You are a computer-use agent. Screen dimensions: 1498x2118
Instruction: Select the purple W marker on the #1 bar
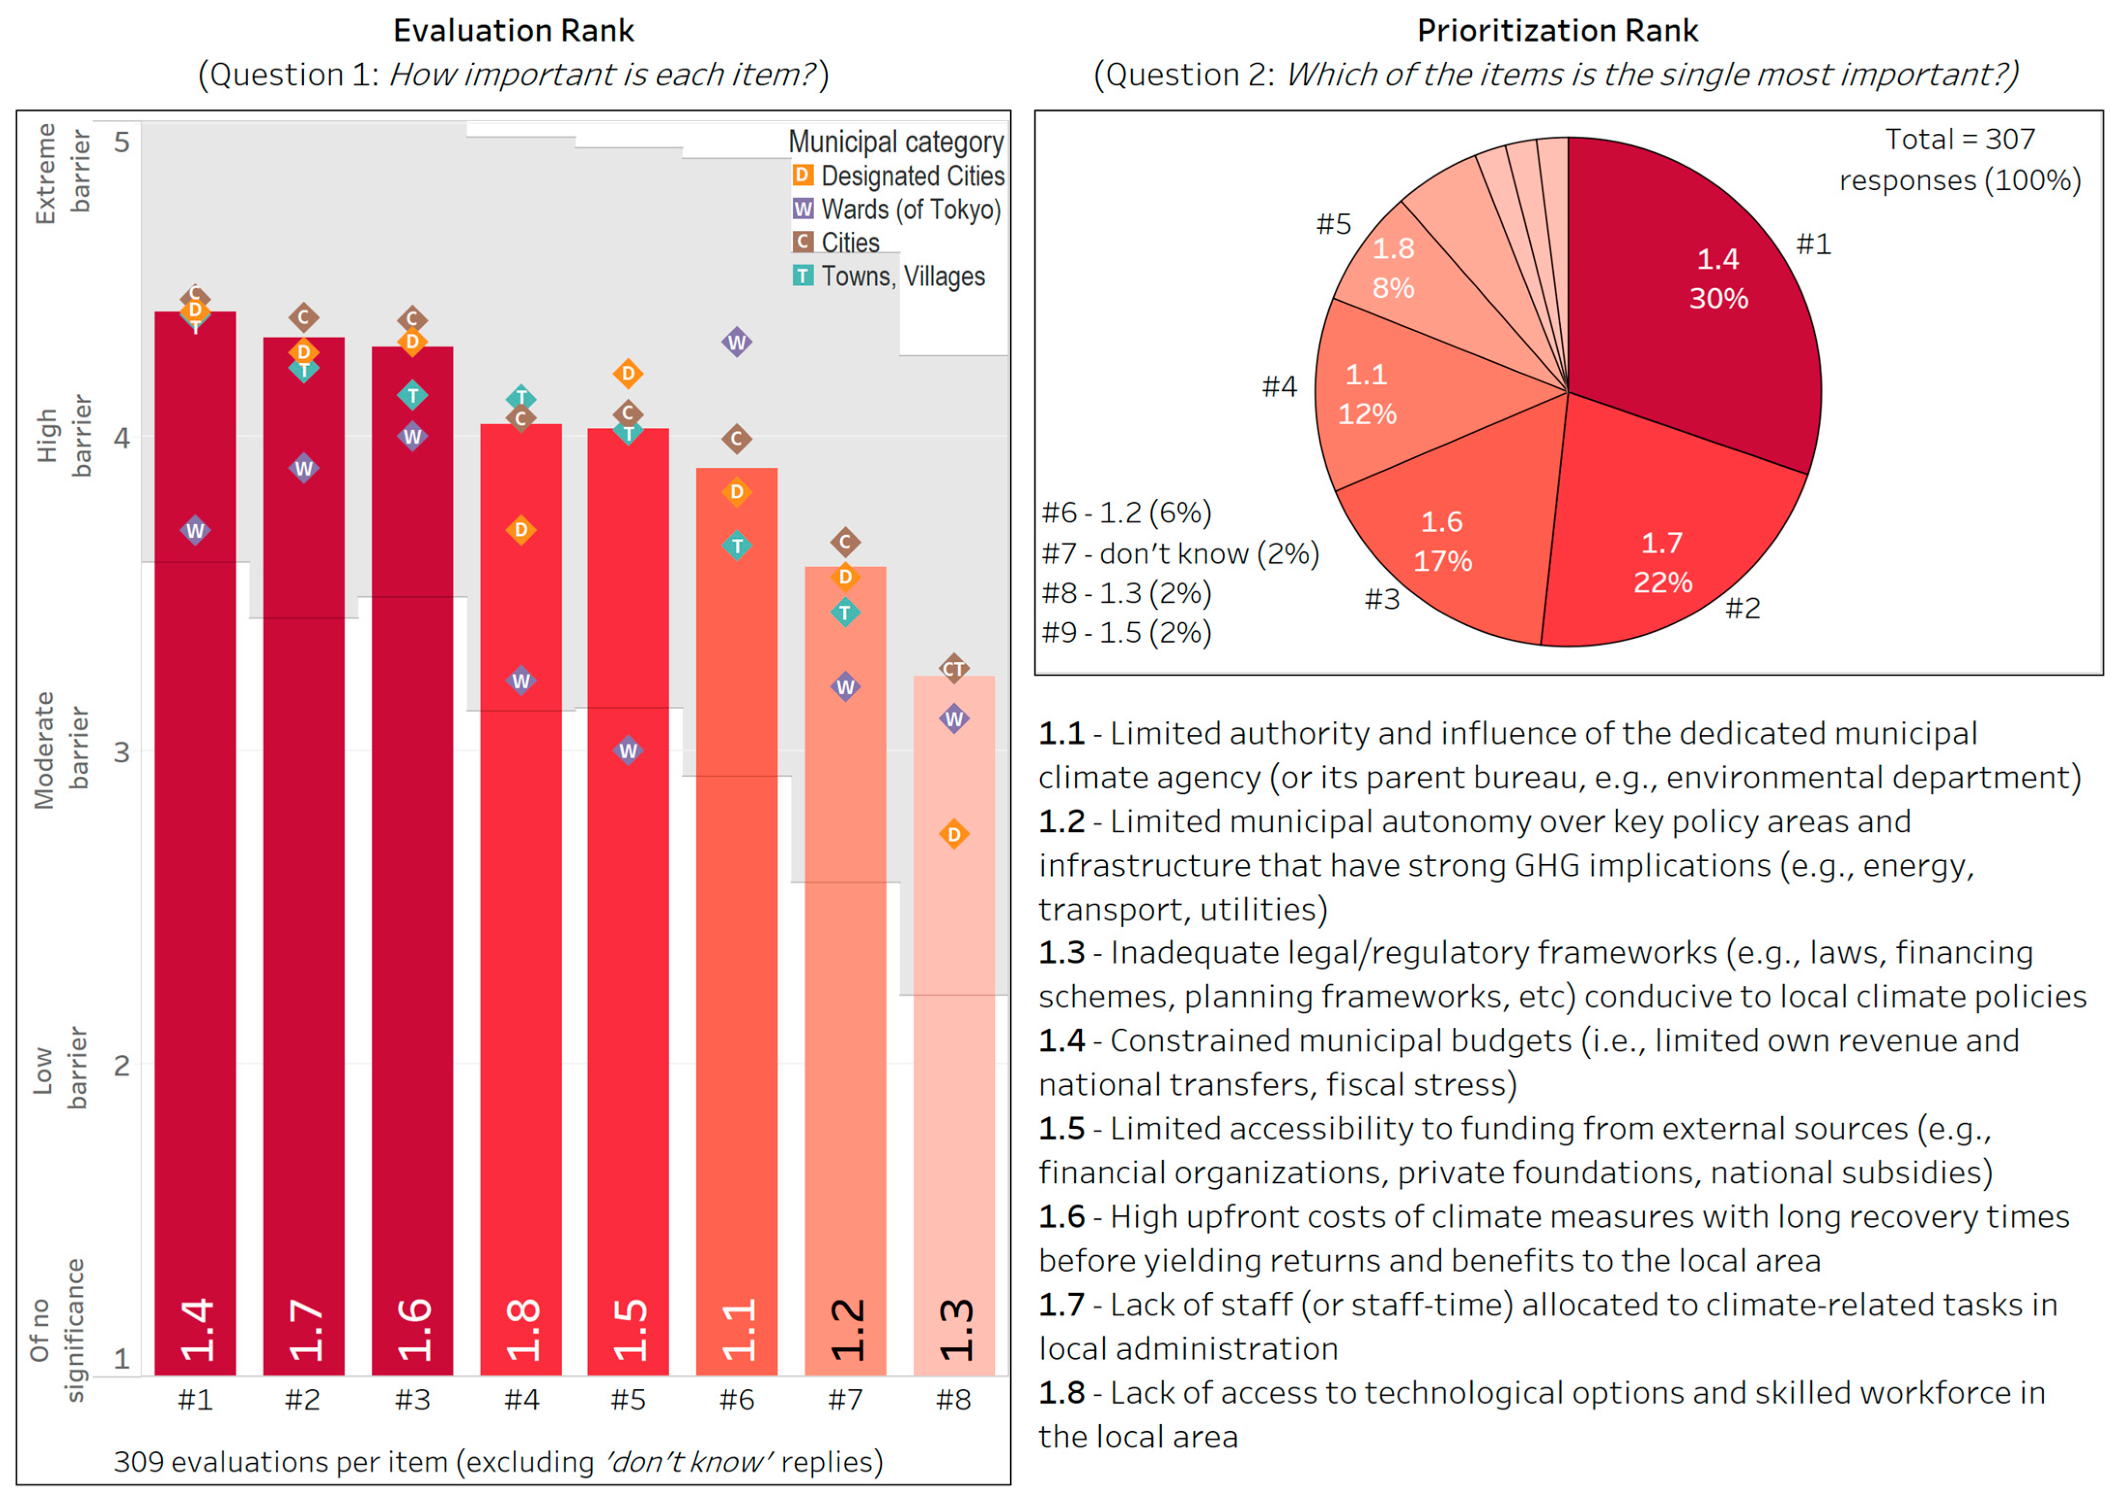pyautogui.click(x=195, y=531)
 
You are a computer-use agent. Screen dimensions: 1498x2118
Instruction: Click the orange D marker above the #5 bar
pyautogui.click(x=628, y=374)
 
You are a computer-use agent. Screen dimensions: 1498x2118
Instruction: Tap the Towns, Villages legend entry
pyautogui.click(x=890, y=276)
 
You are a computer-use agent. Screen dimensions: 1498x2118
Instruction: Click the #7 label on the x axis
pyautogui.click(x=845, y=1400)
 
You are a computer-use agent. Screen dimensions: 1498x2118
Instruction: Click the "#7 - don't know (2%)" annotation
pyautogui.click(x=1180, y=553)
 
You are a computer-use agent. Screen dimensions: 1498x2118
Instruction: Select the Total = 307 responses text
pyautogui.click(x=1959, y=159)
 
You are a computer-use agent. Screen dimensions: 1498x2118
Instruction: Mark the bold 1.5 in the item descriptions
pyautogui.click(x=1062, y=1128)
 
